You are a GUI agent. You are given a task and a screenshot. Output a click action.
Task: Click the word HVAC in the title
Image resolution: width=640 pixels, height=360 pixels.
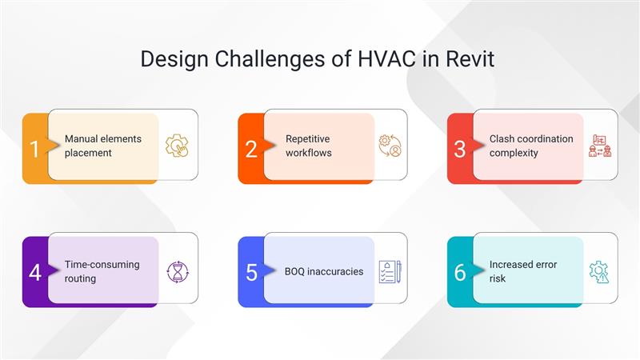pyautogui.click(x=370, y=59)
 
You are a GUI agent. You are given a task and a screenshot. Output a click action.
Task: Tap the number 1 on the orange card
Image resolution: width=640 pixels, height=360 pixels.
pyautogui.click(x=34, y=149)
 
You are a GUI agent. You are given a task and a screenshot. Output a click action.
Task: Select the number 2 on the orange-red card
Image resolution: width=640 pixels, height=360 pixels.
pyautogui.click(x=251, y=149)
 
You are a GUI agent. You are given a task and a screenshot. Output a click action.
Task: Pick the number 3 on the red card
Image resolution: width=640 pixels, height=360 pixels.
pyautogui.click(x=460, y=149)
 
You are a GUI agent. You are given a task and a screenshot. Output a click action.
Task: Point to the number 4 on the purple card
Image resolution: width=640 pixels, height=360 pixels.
pyautogui.click(x=34, y=272)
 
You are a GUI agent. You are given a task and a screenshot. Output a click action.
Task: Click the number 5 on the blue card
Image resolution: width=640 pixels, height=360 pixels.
pyautogui.click(x=251, y=272)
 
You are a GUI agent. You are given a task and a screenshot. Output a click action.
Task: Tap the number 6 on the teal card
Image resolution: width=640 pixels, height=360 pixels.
pyautogui.click(x=460, y=272)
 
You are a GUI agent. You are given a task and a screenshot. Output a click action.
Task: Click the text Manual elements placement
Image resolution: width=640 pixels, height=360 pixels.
pyautogui.click(x=102, y=145)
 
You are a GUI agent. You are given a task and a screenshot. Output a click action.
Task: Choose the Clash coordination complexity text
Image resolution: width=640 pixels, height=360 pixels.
pyautogui.click(x=530, y=145)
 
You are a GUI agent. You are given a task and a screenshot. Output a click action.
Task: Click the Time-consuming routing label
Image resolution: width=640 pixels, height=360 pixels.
pyautogui.click(x=102, y=271)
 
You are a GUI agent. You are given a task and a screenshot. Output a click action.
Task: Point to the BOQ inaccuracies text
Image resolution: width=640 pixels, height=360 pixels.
pyautogui.click(x=324, y=271)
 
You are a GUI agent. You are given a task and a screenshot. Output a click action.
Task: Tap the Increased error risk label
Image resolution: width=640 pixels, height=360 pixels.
pyautogui.click(x=522, y=271)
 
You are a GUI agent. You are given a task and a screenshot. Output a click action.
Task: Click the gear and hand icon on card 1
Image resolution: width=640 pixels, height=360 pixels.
pyautogui.click(x=177, y=146)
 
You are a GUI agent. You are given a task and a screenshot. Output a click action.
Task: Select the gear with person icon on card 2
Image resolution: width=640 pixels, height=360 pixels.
pyautogui.click(x=389, y=146)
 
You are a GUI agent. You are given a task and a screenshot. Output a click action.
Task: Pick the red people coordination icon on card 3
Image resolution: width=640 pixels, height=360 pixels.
pyautogui.click(x=599, y=146)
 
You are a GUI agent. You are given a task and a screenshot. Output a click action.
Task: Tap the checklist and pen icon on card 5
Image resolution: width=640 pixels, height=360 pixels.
pyautogui.click(x=389, y=271)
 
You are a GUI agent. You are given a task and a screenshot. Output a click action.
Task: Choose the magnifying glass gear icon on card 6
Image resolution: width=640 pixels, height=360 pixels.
pyautogui.click(x=599, y=271)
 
